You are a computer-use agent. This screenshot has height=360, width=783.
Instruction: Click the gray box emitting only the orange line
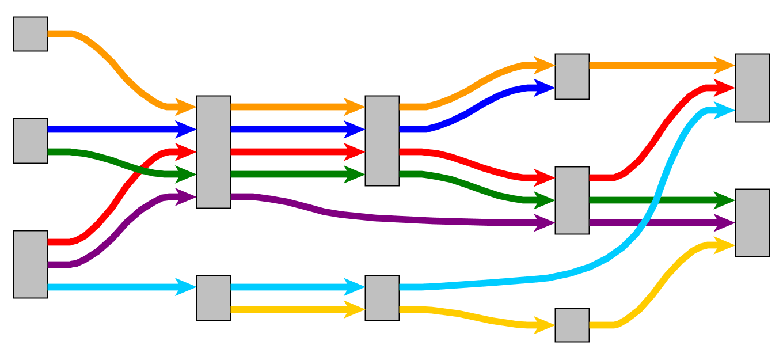[31, 34]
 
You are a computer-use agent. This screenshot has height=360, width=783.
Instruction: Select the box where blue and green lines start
[31, 141]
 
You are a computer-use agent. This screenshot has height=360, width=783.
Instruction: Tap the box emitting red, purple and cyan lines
[31, 264]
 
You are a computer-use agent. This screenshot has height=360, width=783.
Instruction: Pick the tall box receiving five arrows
[214, 151]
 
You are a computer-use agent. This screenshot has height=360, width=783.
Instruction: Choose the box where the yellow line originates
[214, 298]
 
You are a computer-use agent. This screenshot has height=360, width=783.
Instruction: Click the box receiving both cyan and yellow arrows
[382, 298]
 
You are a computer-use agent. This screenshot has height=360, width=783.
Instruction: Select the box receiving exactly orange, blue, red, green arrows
[382, 141]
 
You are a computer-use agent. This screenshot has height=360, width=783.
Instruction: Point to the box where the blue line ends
[572, 77]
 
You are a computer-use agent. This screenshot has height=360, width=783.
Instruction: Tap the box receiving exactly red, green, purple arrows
[572, 200]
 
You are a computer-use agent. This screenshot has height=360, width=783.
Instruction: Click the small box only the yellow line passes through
[572, 325]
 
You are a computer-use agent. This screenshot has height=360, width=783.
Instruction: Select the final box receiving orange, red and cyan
[752, 88]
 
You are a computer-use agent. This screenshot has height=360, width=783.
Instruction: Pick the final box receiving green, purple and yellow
[752, 222]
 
